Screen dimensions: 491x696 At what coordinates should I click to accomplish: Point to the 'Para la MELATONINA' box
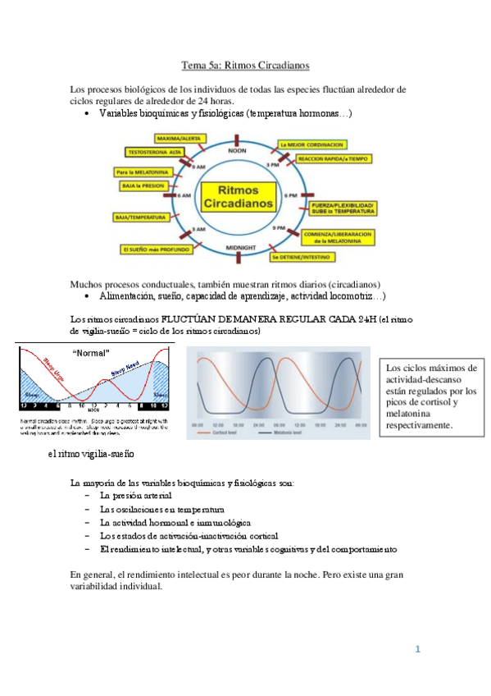(x=142, y=172)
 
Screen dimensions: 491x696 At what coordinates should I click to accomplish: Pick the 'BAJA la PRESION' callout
(x=144, y=186)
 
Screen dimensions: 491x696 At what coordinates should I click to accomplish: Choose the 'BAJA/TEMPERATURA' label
(x=140, y=217)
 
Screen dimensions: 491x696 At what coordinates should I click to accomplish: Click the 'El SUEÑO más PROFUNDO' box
(x=157, y=249)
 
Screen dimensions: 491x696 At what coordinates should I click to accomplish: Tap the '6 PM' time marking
(x=289, y=197)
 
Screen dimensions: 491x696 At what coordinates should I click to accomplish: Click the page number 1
(x=418, y=650)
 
